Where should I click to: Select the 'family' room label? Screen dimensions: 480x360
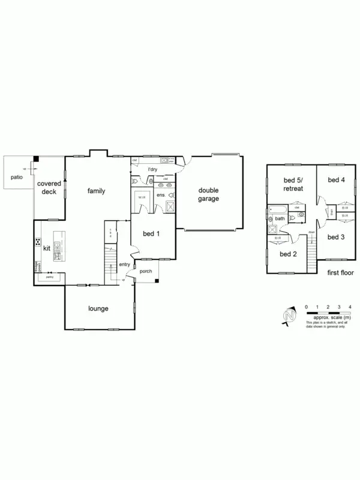[96, 191]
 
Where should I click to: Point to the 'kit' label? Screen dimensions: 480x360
[46, 247]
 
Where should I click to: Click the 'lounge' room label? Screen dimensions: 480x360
[98, 309]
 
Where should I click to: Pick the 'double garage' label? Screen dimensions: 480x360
[209, 194]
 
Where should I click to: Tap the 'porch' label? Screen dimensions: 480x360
[146, 271]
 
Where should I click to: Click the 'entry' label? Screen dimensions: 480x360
[125, 264]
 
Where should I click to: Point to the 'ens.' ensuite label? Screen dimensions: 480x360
[161, 196]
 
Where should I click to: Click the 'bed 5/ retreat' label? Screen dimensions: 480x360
[293, 184]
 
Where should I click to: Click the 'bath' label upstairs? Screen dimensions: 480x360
[279, 219]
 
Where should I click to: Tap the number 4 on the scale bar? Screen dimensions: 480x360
[350, 307]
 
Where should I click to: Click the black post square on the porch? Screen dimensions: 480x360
[156, 280]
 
